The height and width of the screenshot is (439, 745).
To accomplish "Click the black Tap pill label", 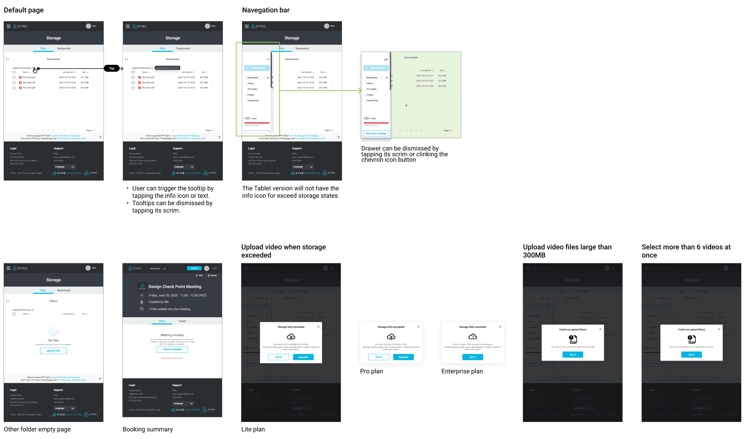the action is click(x=112, y=68).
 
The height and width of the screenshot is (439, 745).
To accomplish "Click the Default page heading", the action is click(x=24, y=10).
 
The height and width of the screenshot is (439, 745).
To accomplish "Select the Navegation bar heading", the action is click(x=265, y=10).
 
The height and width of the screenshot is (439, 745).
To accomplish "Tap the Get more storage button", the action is click(x=376, y=133).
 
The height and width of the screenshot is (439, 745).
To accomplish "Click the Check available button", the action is click(x=172, y=349).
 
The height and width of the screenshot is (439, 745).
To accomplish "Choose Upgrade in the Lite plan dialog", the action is click(x=303, y=357).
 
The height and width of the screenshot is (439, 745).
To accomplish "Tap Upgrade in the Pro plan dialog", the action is click(x=403, y=357).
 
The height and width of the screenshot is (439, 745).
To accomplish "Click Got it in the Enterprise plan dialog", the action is click(x=472, y=357).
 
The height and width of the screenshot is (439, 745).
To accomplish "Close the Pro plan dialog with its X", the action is click(x=418, y=327).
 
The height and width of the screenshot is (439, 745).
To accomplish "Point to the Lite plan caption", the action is click(x=253, y=429).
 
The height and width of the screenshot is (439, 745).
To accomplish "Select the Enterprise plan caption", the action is click(x=462, y=371).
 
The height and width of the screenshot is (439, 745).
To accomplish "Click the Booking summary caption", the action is click(x=147, y=429).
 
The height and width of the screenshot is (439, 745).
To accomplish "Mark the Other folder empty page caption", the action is click(x=37, y=429).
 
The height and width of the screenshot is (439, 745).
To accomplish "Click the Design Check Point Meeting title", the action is click(x=175, y=287).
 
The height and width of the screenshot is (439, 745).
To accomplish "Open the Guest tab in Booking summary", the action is click(x=182, y=321).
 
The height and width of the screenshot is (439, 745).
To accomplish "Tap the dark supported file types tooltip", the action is click(x=168, y=68).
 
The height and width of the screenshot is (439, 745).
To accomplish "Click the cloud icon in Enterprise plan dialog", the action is click(x=472, y=336).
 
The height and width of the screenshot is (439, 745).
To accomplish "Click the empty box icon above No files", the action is click(x=54, y=332).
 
